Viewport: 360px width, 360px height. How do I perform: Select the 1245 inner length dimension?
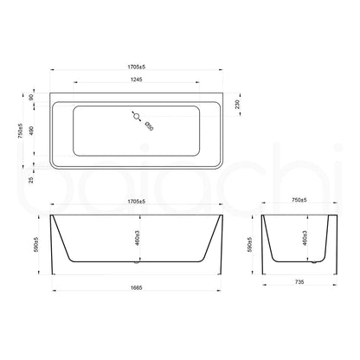pos(138,80)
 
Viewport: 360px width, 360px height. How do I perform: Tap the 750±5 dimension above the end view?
pos(299,202)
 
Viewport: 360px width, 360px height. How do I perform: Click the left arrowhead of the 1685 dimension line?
pos(56,279)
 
